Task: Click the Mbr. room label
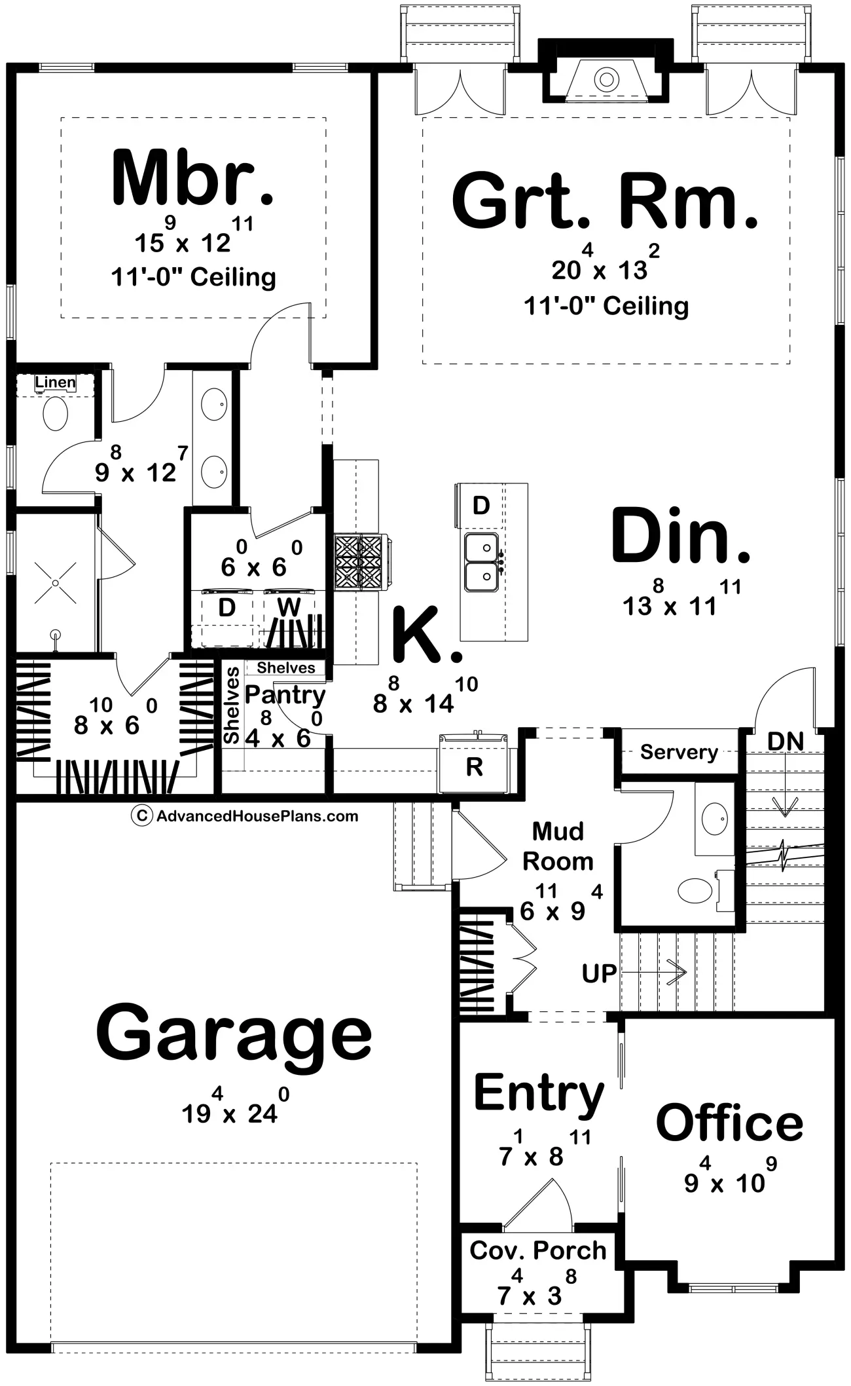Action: click(x=192, y=178)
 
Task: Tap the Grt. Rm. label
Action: click(x=604, y=201)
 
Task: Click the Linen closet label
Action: click(x=56, y=382)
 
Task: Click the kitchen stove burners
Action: click(x=358, y=561)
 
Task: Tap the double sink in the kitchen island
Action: click(x=482, y=561)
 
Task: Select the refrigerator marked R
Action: click(x=473, y=764)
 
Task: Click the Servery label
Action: click(x=679, y=752)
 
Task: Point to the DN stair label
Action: click(x=786, y=741)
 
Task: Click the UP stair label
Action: click(x=599, y=974)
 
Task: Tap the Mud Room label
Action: click(x=558, y=846)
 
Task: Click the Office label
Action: click(x=729, y=1123)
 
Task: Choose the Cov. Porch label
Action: click(x=538, y=1250)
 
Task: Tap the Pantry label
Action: click(x=285, y=695)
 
